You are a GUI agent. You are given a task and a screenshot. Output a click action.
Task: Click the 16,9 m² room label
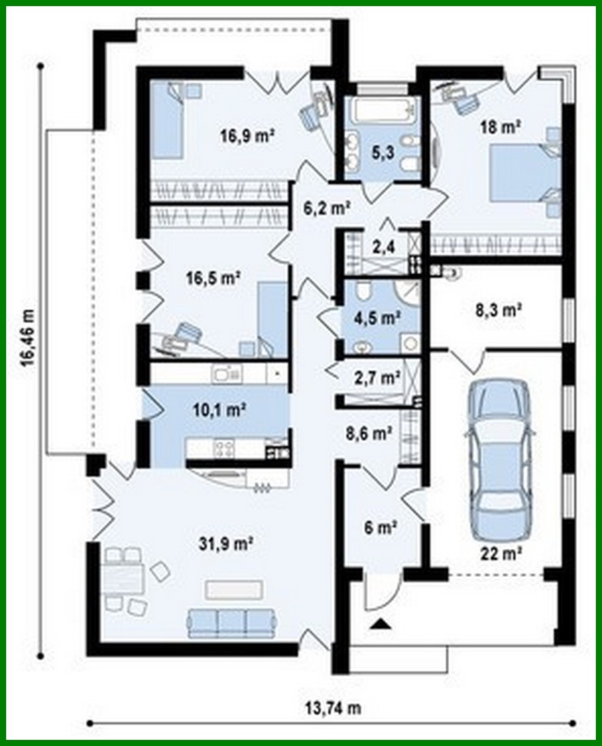pyautogui.click(x=246, y=135)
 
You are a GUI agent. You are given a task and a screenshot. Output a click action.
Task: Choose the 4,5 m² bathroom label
pyautogui.click(x=378, y=317)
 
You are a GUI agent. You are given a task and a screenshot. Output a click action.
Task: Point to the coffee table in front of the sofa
pyautogui.click(x=234, y=588)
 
